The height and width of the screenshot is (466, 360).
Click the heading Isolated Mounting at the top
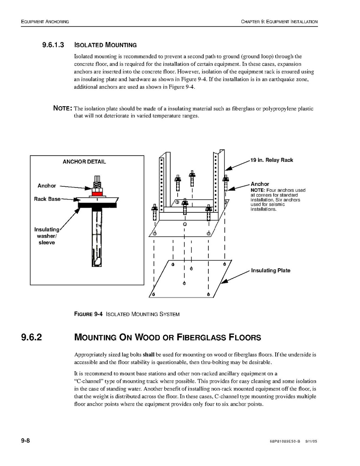tap(105, 45)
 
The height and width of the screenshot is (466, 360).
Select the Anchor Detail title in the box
tap(84, 162)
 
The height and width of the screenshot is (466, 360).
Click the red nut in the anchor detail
tap(97, 193)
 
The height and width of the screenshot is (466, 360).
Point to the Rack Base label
tap(47, 199)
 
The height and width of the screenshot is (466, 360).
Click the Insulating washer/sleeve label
tap(47, 236)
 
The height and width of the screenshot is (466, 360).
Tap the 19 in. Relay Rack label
tap(272, 160)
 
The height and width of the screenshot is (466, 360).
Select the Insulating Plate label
tap(271, 271)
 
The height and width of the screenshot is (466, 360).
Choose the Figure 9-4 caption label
tap(88, 314)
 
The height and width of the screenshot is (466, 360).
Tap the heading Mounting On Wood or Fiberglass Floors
tap(168, 337)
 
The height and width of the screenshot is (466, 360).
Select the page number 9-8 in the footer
tap(26, 440)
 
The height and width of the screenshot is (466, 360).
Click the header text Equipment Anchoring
tap(45, 22)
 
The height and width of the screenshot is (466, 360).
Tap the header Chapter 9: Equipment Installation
tap(279, 22)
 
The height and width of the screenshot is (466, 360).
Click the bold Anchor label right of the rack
tap(260, 184)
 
